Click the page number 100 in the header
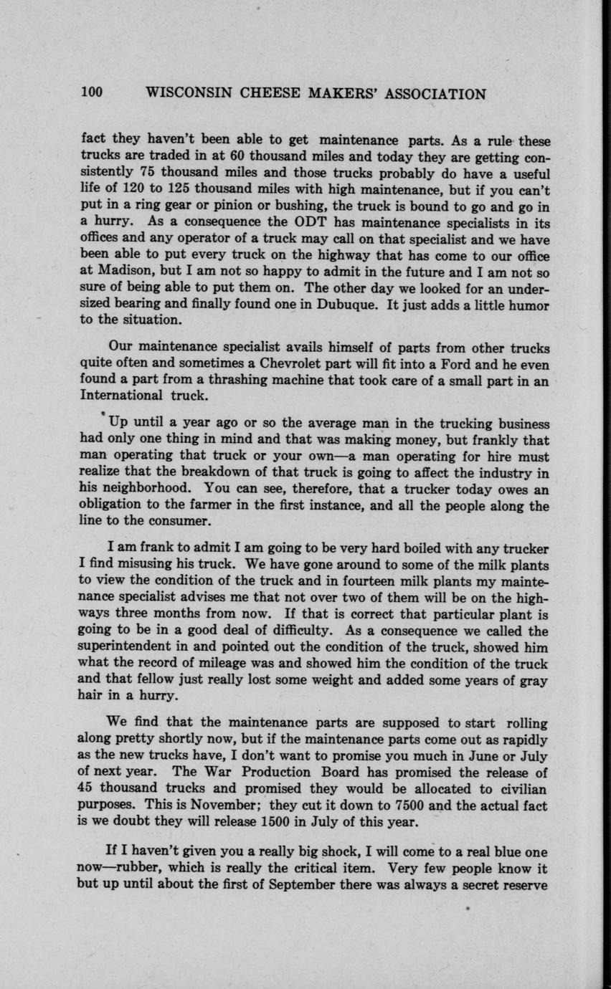tap(93, 94)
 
